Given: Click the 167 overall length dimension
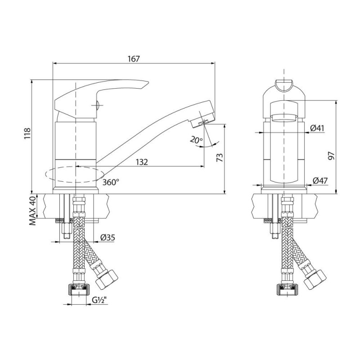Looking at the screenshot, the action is pos(134,59).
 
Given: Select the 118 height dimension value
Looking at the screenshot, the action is pos(27,133).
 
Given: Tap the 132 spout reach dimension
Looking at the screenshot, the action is pos(142,162).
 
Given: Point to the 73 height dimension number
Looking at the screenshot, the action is pos(220,157).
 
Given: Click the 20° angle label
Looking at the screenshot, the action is pos(197,140).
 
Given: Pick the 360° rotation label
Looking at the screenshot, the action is pos(111,182).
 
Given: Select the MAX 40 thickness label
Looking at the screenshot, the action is pos(33,210).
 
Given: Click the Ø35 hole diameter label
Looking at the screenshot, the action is pos(108,238).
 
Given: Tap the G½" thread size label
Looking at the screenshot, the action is pos(100,300).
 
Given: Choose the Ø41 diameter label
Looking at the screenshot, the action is pos(317,128).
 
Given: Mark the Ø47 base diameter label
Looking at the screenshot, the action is pos(320,181).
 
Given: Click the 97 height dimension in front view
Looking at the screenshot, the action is pos(331,156).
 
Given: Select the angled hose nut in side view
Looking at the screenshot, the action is pos(106,279).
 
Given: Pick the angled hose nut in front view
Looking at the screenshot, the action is pos(315,279).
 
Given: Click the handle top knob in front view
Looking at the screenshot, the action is pos(284,86).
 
